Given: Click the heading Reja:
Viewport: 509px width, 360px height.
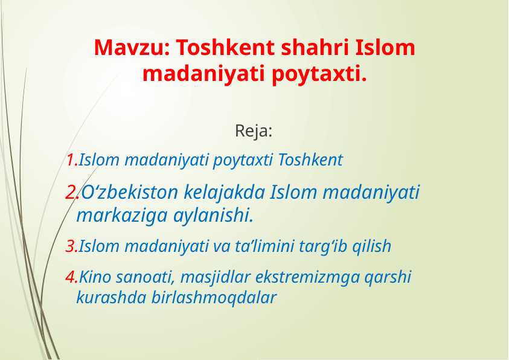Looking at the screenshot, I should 254,130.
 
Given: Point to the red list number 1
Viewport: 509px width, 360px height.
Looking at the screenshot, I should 70,161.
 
